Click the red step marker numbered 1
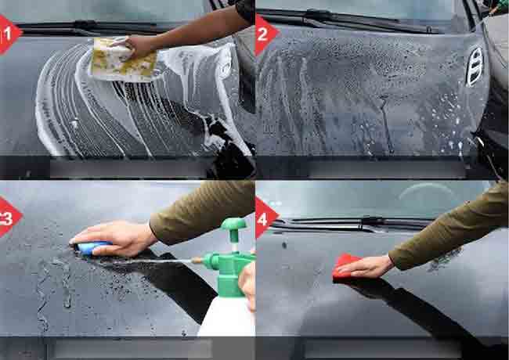click(x=9, y=34)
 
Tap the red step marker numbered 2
click(x=265, y=35)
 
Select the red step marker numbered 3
click(x=9, y=217)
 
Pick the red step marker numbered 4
click(x=265, y=218)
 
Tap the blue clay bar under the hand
click(x=90, y=247)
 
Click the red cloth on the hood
click(x=345, y=267)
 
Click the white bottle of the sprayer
click(x=227, y=315)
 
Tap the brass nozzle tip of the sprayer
click(x=196, y=260)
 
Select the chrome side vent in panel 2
click(x=475, y=67)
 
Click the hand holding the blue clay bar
click(x=114, y=238)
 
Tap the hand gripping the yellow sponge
click(x=140, y=46)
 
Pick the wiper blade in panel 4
click(x=351, y=225)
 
